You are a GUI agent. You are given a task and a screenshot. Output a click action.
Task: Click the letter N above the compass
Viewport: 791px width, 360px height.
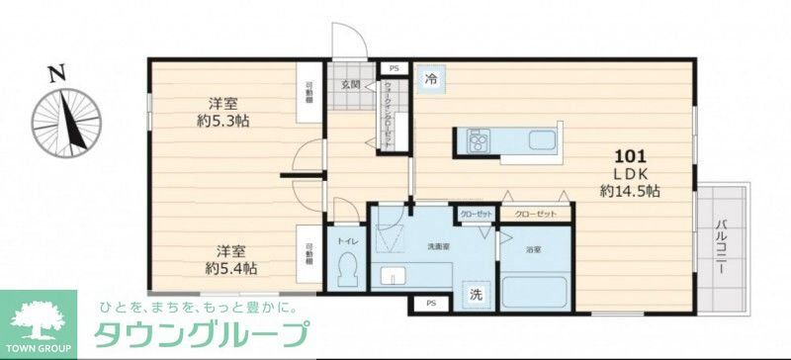[57, 72]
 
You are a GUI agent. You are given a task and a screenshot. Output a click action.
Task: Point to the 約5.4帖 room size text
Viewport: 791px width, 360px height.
[232, 268]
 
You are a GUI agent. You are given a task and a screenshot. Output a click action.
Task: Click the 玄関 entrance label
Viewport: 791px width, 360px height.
[350, 85]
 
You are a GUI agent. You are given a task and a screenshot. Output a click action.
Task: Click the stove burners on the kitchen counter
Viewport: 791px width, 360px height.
[479, 141]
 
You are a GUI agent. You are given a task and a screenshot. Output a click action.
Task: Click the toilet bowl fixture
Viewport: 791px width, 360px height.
[348, 270]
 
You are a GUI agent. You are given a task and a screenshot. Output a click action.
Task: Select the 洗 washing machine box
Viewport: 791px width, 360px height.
[477, 294]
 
